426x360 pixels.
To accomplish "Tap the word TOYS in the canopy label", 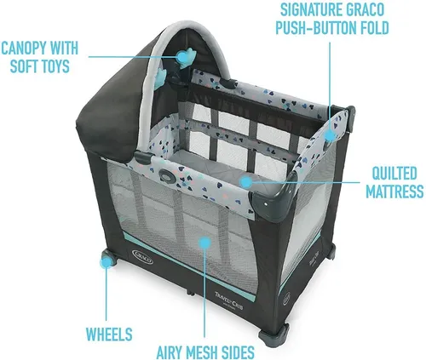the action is click(54, 66).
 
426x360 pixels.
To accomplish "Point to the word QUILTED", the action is click(394, 173).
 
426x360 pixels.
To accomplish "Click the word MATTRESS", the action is click(394, 191).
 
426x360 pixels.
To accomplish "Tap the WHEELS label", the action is click(109, 334).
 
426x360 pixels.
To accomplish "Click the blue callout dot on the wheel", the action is click(106, 262).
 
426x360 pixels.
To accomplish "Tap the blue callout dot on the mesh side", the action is click(205, 243).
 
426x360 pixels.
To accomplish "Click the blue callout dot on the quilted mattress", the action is click(246, 182).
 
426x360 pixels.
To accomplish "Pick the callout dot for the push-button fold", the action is click(331, 135).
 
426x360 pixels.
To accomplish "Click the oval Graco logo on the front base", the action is click(142, 256).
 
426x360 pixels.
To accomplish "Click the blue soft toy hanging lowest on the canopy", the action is click(161, 75).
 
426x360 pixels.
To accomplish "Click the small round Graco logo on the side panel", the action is click(286, 299).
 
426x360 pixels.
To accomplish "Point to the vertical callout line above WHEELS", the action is click(106, 294).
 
